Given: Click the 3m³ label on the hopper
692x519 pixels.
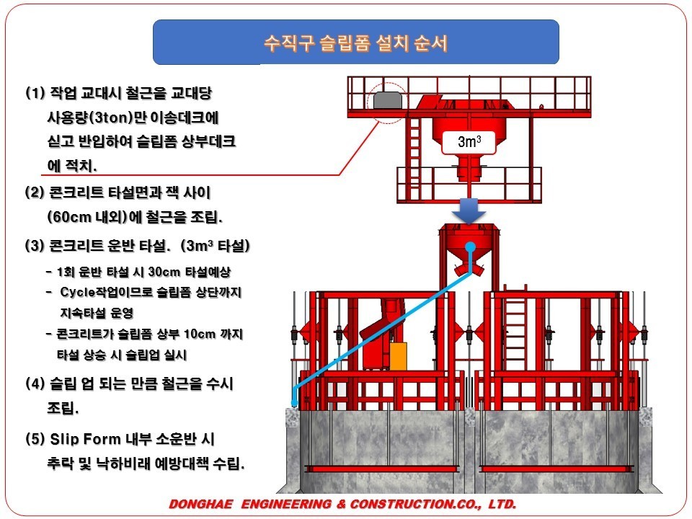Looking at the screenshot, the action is [469, 142].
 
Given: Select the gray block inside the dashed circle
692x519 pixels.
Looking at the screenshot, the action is [389, 100].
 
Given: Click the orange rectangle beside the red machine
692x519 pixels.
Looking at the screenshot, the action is [398, 357].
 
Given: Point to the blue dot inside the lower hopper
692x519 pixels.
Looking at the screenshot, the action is [470, 247].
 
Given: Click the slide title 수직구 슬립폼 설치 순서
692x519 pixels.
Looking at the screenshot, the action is [355, 43].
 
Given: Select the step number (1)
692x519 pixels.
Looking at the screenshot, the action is [35, 94].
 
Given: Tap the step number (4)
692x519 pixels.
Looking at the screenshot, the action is [35, 383].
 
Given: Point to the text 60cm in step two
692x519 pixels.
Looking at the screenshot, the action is [71, 217].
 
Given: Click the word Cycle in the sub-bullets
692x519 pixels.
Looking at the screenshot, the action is [77, 293].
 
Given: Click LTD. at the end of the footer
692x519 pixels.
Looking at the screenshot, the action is [500, 505].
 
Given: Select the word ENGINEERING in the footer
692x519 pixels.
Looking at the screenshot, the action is [287, 505].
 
